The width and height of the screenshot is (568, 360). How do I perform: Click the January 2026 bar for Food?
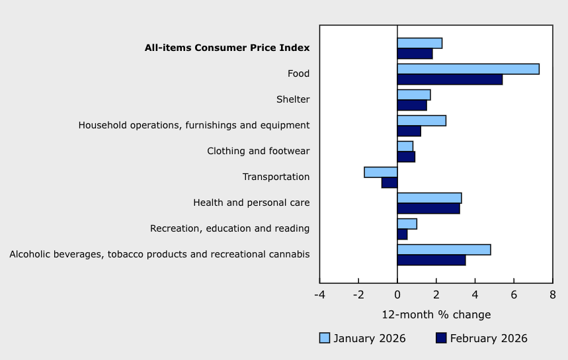point(468,69)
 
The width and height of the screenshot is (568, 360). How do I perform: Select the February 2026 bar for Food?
point(450,79)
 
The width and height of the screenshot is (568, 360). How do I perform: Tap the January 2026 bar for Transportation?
point(381,172)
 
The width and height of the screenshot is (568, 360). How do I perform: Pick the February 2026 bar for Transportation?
point(389,183)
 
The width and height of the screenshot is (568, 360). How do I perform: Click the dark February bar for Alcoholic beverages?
point(431,260)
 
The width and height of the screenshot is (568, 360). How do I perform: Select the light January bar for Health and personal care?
point(429,198)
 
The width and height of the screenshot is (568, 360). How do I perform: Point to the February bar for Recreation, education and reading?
point(402,234)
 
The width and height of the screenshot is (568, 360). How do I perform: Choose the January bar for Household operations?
point(421,120)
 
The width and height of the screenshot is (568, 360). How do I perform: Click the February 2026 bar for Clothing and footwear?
point(406,157)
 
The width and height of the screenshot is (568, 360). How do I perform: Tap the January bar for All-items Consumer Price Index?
point(419,43)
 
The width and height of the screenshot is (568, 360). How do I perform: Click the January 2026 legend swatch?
point(325,338)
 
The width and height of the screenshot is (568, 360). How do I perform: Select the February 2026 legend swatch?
point(441,338)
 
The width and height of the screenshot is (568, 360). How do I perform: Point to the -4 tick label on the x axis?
point(319,294)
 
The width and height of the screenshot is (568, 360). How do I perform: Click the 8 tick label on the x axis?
point(552,294)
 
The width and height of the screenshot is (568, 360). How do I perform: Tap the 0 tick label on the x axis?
point(397,294)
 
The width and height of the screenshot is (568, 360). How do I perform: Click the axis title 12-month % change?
point(436,314)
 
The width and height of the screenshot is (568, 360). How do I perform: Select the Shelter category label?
point(293,99)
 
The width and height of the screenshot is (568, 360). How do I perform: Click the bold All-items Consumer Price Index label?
point(227,48)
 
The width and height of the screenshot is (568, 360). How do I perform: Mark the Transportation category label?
point(276,177)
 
